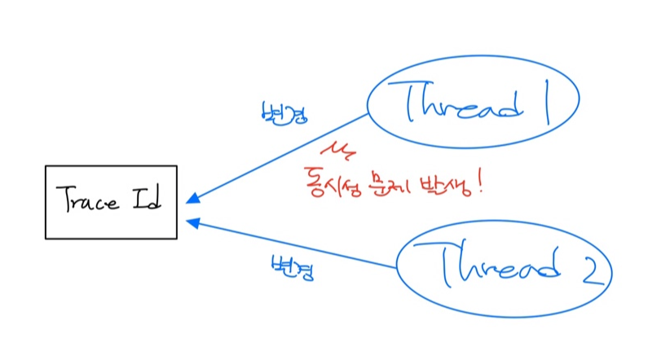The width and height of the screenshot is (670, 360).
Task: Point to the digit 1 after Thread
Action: click(544, 103)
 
